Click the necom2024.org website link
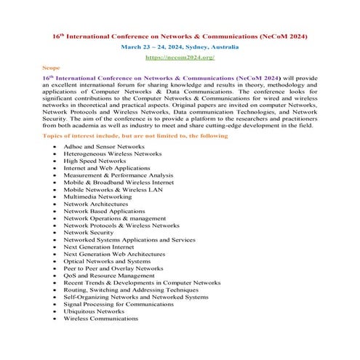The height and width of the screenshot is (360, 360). coord(179,56)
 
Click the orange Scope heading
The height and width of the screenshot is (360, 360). coord(52,68)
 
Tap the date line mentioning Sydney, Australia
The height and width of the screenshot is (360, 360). coord(179,45)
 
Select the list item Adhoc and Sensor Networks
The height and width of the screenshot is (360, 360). coord(104,147)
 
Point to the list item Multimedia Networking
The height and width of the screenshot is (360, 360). coord(97,197)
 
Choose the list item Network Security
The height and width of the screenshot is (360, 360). coord(93,233)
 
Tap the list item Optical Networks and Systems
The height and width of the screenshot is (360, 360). coord(107,261)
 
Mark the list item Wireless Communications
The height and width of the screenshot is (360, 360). coord(100,319)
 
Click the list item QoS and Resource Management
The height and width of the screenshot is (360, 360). coord(109,276)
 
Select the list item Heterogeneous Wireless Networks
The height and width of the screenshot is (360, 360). coord(113,154)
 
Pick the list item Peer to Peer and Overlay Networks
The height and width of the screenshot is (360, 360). coord(113,268)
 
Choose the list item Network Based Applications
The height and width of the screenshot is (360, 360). coord(104,212)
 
